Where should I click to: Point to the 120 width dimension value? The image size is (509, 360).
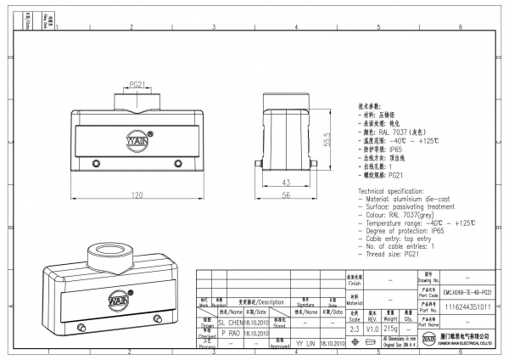click(x=137, y=195)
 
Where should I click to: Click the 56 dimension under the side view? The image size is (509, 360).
click(x=286, y=195)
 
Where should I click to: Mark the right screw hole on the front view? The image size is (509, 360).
click(x=177, y=163)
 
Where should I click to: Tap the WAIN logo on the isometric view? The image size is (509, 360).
click(x=116, y=300)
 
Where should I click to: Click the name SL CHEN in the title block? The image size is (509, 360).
click(x=230, y=323)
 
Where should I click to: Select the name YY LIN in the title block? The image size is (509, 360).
click(x=305, y=344)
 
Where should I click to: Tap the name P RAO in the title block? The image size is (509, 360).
click(x=230, y=334)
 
